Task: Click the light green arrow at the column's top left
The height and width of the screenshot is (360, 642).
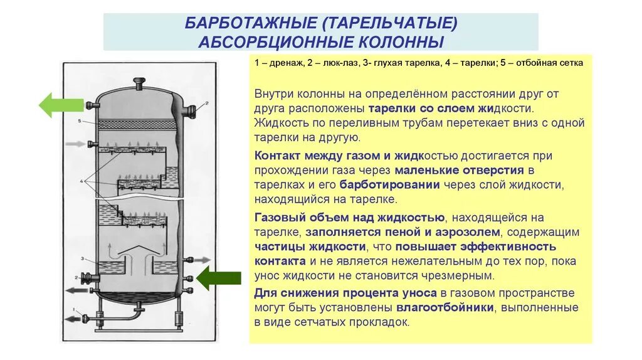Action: (x=61, y=104)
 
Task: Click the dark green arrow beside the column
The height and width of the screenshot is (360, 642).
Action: (x=218, y=277)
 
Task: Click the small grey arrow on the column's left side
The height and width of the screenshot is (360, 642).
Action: (x=73, y=144)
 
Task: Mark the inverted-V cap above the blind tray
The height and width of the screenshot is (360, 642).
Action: (x=139, y=251)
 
